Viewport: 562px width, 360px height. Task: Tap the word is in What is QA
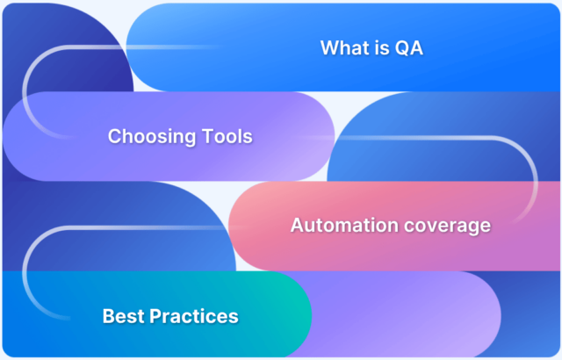[x=382, y=47]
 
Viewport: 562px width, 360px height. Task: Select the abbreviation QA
[x=409, y=47]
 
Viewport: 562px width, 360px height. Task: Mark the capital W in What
[x=329, y=47]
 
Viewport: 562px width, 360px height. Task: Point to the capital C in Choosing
[x=114, y=137]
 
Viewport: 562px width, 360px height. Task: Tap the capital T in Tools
[x=203, y=137]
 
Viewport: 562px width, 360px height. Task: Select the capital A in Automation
[x=297, y=226]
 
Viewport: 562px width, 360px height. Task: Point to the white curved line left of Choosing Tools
[x=25, y=97]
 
